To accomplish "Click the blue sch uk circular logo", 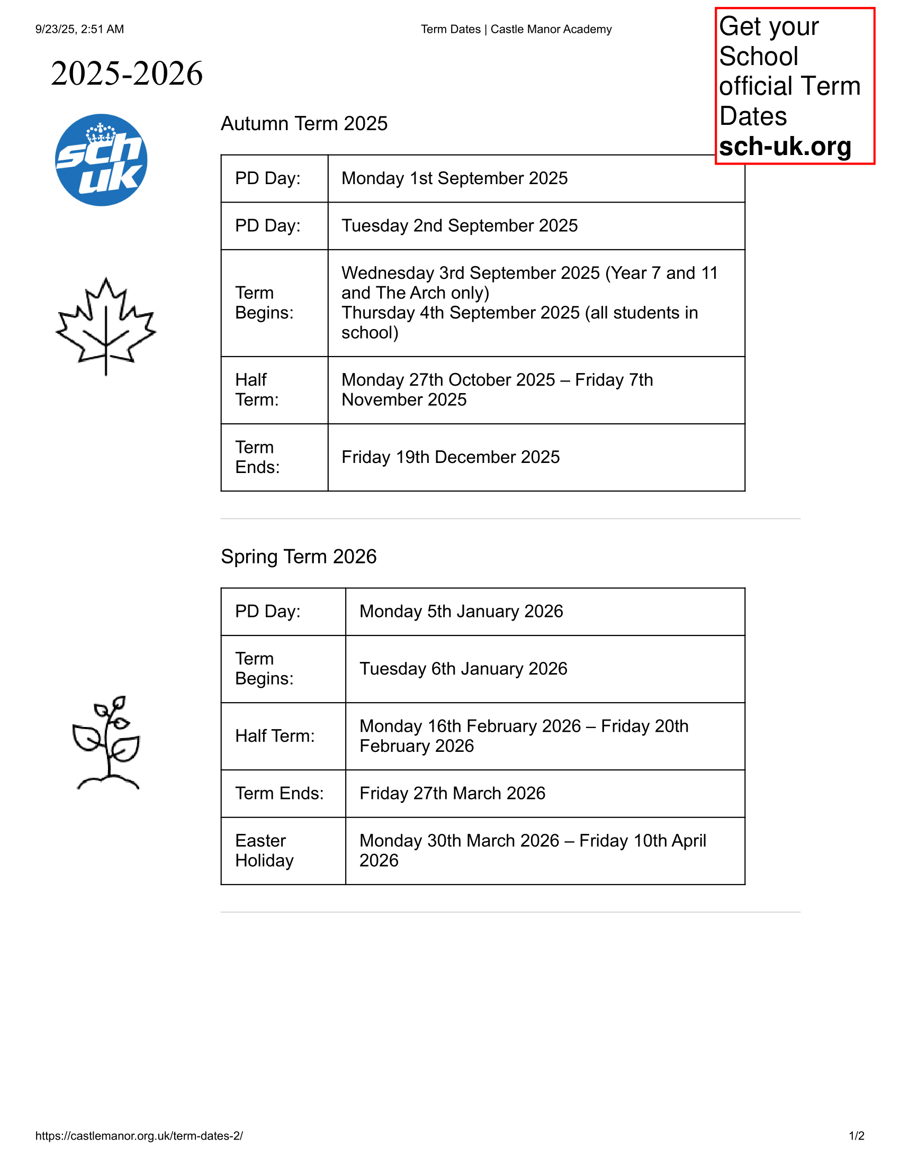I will click(x=101, y=160).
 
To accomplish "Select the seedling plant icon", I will click(x=106, y=742).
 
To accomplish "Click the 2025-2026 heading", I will click(x=127, y=73).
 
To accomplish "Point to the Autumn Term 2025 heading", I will click(x=304, y=124).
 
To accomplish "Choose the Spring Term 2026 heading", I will click(x=299, y=557).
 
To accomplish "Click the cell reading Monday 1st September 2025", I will click(x=454, y=178).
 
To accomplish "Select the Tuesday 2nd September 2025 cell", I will click(x=459, y=225).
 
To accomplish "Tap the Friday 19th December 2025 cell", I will click(x=451, y=457).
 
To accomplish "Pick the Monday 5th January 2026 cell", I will click(x=461, y=611).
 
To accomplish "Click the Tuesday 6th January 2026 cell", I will click(x=463, y=668).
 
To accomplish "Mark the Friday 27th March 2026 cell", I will click(x=452, y=793).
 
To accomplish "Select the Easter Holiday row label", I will click(x=265, y=850).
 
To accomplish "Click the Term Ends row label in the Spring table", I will click(x=280, y=793).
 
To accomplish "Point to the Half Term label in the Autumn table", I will click(x=257, y=389).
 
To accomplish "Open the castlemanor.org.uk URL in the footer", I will click(x=139, y=1135).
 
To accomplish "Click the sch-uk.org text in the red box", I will click(x=785, y=146).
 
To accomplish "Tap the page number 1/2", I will click(x=856, y=1135).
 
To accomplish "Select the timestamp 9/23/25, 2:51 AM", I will click(x=79, y=29).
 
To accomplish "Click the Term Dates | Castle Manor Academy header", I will click(x=516, y=29).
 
